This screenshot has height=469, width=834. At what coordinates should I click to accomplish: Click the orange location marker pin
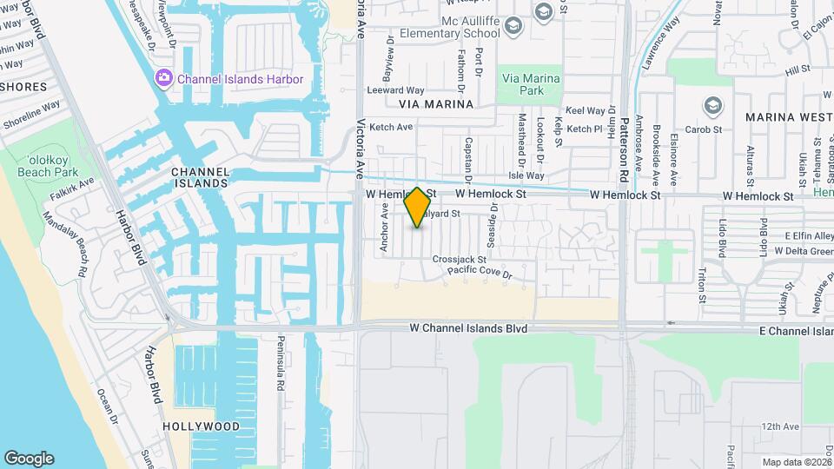pos(418,207)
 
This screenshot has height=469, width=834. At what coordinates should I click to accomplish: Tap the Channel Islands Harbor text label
pos(240,79)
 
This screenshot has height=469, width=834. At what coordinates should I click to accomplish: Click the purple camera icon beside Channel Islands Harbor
pos(163,79)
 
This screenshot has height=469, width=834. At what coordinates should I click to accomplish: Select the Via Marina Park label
pos(531,84)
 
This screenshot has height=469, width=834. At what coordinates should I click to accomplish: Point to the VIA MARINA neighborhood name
pos(436,104)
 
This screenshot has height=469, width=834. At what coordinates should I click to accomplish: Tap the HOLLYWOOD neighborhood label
pos(201,426)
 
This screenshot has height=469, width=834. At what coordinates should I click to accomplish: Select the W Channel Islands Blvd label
pos(468,329)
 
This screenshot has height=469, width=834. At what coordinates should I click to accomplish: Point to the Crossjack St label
pos(459,259)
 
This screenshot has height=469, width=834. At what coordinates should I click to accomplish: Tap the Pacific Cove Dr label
pos(480,273)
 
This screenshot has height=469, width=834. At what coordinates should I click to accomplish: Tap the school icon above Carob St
pos(713,106)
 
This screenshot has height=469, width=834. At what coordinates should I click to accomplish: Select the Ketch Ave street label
pos(391,127)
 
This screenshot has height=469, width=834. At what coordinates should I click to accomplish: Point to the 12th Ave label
pos(779,426)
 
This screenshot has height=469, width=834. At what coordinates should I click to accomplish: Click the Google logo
pos(29,458)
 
